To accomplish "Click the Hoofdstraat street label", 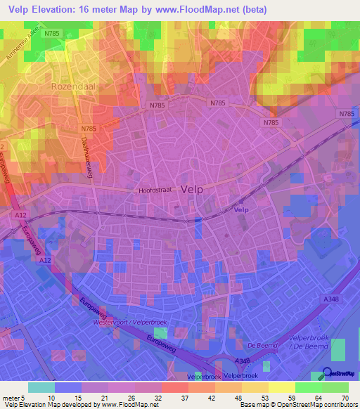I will tap(156, 190).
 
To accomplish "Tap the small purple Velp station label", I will tap(242, 209).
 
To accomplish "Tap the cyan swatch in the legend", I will tap(41, 387).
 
